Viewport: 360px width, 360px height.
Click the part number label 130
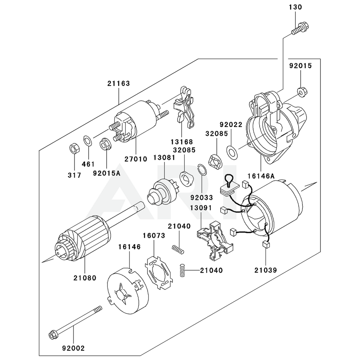pyautogui.click(x=295, y=7)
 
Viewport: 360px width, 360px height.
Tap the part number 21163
pyautogui.click(x=118, y=84)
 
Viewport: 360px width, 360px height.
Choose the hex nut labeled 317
pyautogui.click(x=73, y=148)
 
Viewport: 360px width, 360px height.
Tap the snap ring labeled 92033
pyautogui.click(x=202, y=170)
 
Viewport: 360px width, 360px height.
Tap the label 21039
pyautogui.click(x=265, y=270)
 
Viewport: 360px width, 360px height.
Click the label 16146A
pyautogui.click(x=261, y=176)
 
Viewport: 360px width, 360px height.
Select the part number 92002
pyautogui.click(x=73, y=348)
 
